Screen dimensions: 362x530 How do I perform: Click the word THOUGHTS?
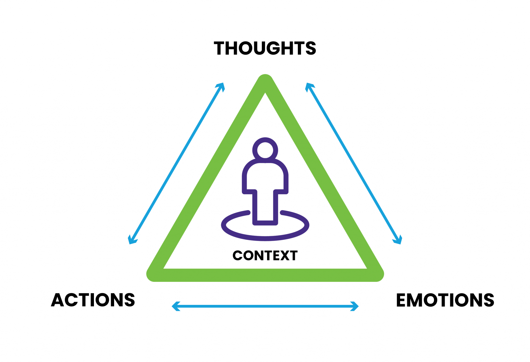click(x=265, y=48)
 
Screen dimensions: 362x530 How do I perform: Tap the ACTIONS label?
click(x=93, y=300)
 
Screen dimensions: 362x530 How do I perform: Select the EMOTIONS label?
click(x=445, y=300)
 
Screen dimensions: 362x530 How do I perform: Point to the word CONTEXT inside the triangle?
click(x=265, y=255)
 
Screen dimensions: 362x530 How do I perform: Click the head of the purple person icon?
click(x=265, y=150)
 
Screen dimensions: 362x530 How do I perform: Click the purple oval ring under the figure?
click(x=265, y=238)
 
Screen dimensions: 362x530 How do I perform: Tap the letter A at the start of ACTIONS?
click(x=57, y=300)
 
